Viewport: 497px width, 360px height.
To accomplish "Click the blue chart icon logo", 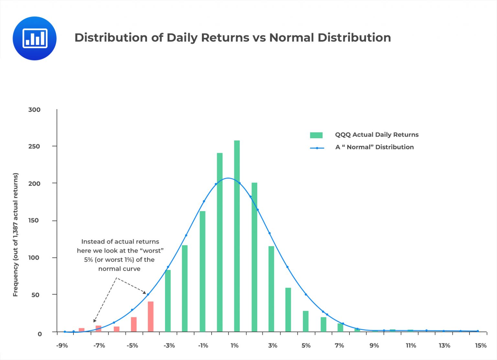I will [35, 38].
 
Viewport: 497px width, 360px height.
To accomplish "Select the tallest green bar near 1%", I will [237, 236].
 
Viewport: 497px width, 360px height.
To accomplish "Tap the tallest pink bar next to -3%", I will [150, 317].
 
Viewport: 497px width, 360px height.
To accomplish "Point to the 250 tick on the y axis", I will [34, 146].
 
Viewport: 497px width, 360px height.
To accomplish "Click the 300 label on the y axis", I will [34, 110].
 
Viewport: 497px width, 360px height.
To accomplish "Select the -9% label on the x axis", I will [62, 345].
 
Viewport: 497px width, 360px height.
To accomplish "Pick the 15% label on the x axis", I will [480, 345].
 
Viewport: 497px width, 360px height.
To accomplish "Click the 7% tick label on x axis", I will [339, 345].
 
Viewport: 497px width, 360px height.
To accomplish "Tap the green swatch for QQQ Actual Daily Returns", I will [316, 135].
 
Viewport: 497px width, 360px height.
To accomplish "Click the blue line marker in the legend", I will [317, 148].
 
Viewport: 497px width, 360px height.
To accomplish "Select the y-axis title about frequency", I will [16, 235].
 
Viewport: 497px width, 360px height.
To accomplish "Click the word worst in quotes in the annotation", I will [153, 251].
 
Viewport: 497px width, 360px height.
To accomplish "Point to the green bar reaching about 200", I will [254, 257].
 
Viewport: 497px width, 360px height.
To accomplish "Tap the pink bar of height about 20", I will [134, 324].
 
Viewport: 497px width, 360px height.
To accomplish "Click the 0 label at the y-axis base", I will [39, 334].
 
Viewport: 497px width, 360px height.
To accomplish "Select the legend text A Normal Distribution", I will [374, 147].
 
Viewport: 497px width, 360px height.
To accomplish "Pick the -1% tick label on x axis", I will [203, 345].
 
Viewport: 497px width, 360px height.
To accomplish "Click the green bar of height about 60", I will [288, 309].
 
